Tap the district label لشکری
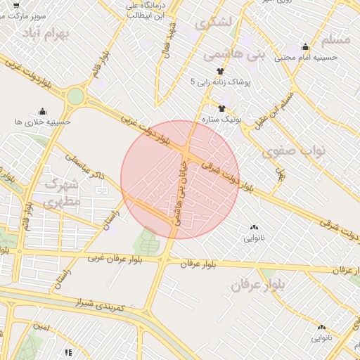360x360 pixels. coord(215,24)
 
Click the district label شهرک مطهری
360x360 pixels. coord(63,192)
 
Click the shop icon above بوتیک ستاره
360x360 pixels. coord(222,108)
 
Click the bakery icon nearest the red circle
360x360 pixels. coord(254,227)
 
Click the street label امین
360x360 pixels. coord(42,326)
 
